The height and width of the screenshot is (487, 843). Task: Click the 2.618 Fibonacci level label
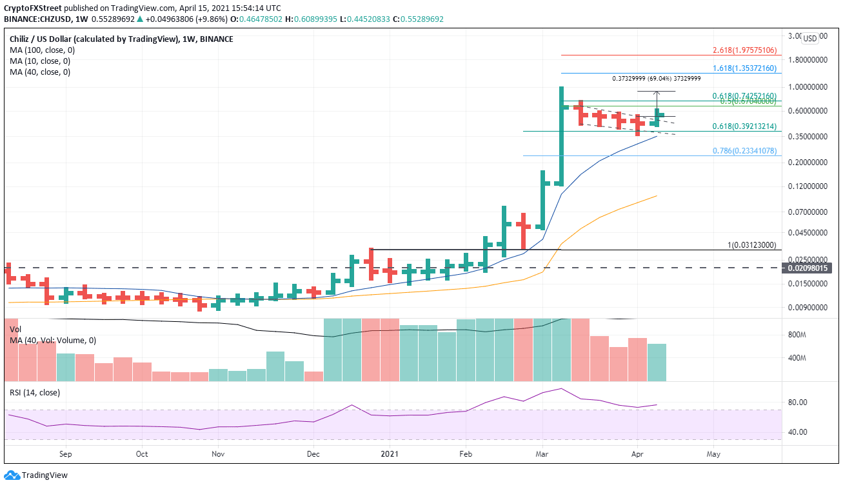745,50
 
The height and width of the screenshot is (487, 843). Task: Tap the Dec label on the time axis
313,453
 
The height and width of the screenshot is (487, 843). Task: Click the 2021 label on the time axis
389,453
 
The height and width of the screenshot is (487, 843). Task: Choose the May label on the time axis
713,453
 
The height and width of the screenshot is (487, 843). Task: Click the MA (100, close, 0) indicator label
40,50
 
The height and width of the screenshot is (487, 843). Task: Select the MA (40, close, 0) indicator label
37,72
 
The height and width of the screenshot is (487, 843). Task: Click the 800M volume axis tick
798,335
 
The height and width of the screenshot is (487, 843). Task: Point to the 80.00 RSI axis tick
797,403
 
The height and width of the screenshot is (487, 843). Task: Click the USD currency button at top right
809,38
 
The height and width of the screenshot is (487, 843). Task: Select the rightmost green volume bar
657,363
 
